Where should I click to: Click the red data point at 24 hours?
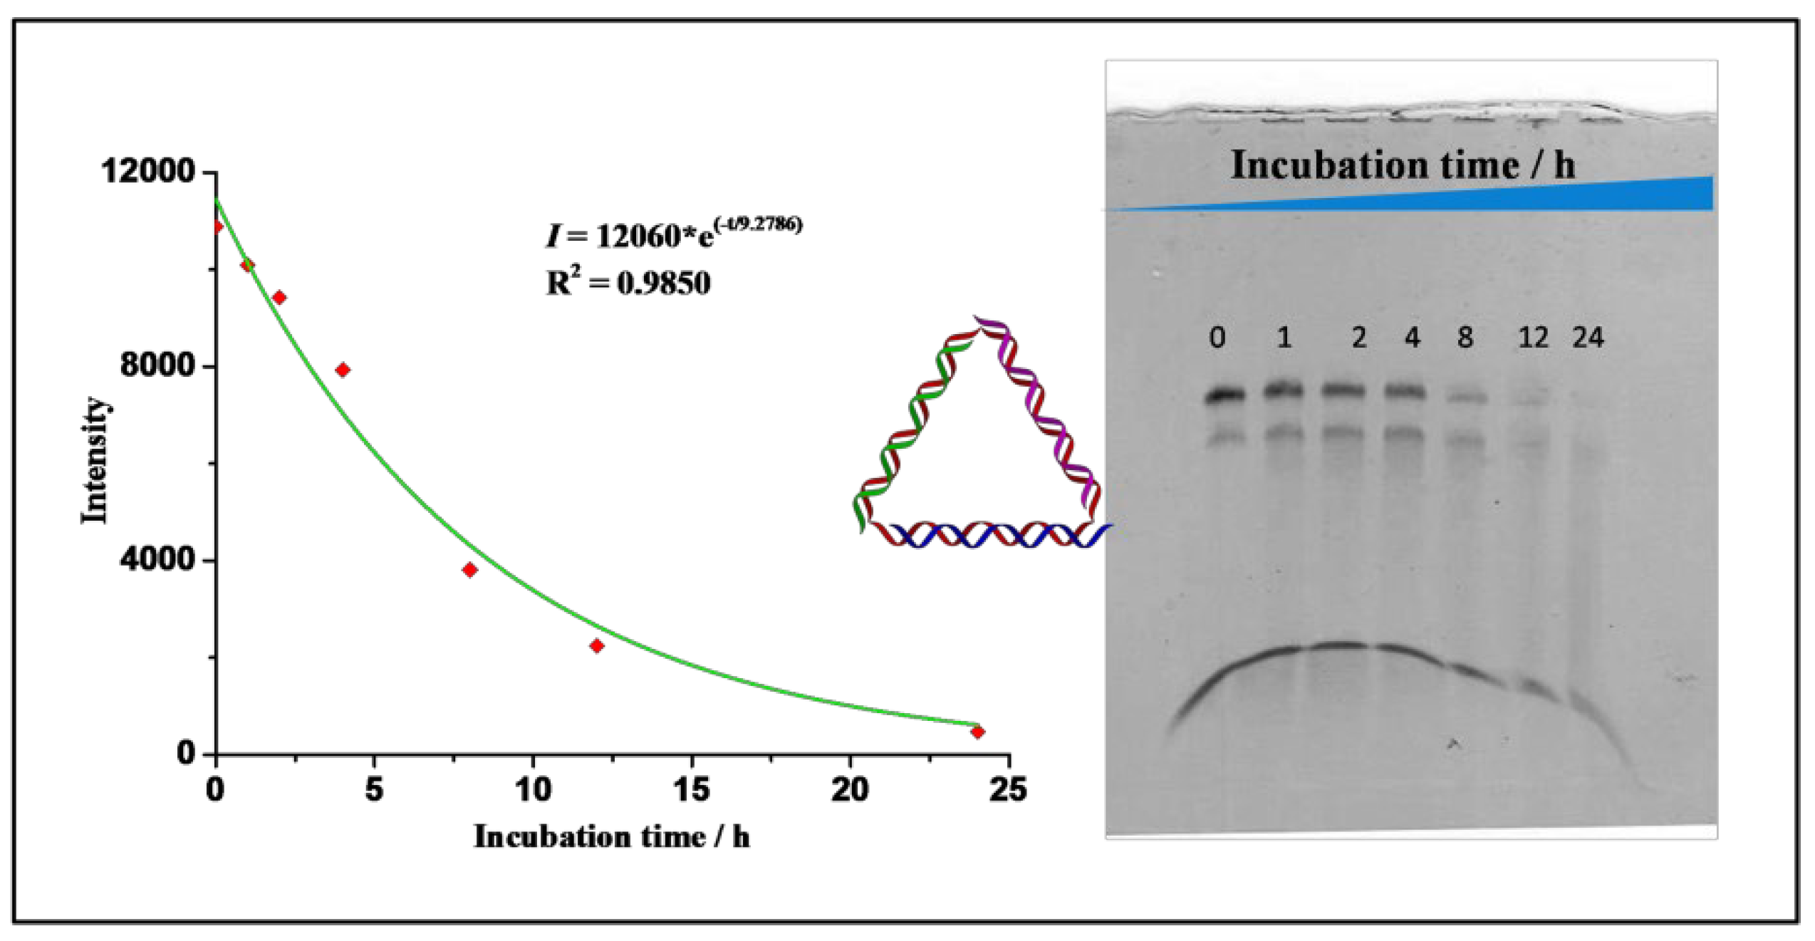coord(977,732)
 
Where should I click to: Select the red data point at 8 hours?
coord(469,570)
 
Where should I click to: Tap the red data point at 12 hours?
coord(597,646)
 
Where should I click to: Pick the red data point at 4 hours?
coord(343,370)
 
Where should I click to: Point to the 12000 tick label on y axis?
coord(147,172)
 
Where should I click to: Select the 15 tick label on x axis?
coord(691,790)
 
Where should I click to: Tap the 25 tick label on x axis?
coord(1008,790)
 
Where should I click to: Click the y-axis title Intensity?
coord(94,460)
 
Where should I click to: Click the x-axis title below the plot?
coord(611,838)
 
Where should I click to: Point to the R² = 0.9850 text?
coord(628,284)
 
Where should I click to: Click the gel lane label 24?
coord(1588,337)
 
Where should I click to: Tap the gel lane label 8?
coord(1465,337)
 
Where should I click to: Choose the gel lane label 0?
coord(1217,338)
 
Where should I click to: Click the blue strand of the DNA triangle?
coord(997,536)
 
